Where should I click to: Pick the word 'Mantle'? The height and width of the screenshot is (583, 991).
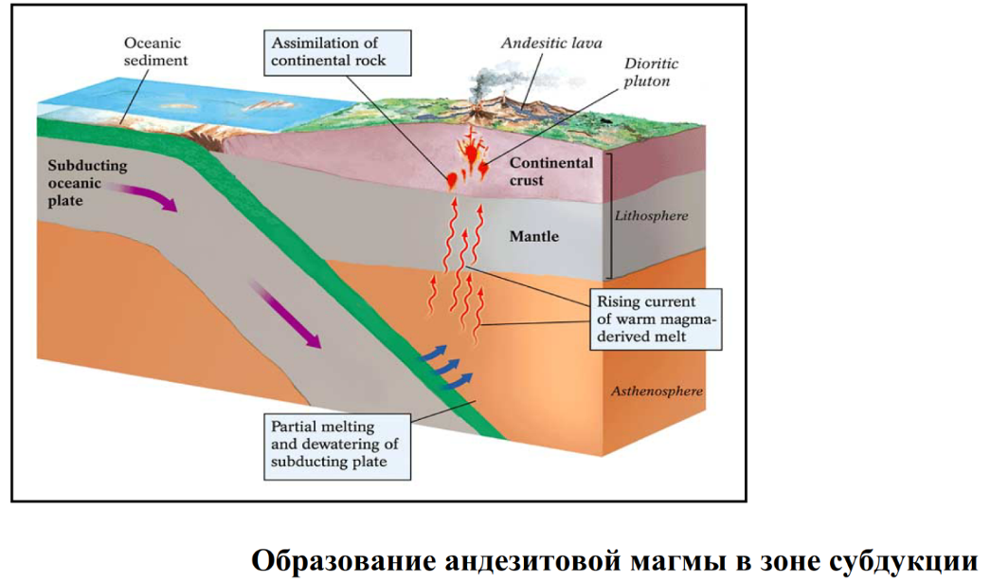(x=534, y=236)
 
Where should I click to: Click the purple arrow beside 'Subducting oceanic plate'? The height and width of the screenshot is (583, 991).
(x=144, y=196)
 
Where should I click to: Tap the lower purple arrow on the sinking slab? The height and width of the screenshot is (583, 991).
(x=283, y=313)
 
